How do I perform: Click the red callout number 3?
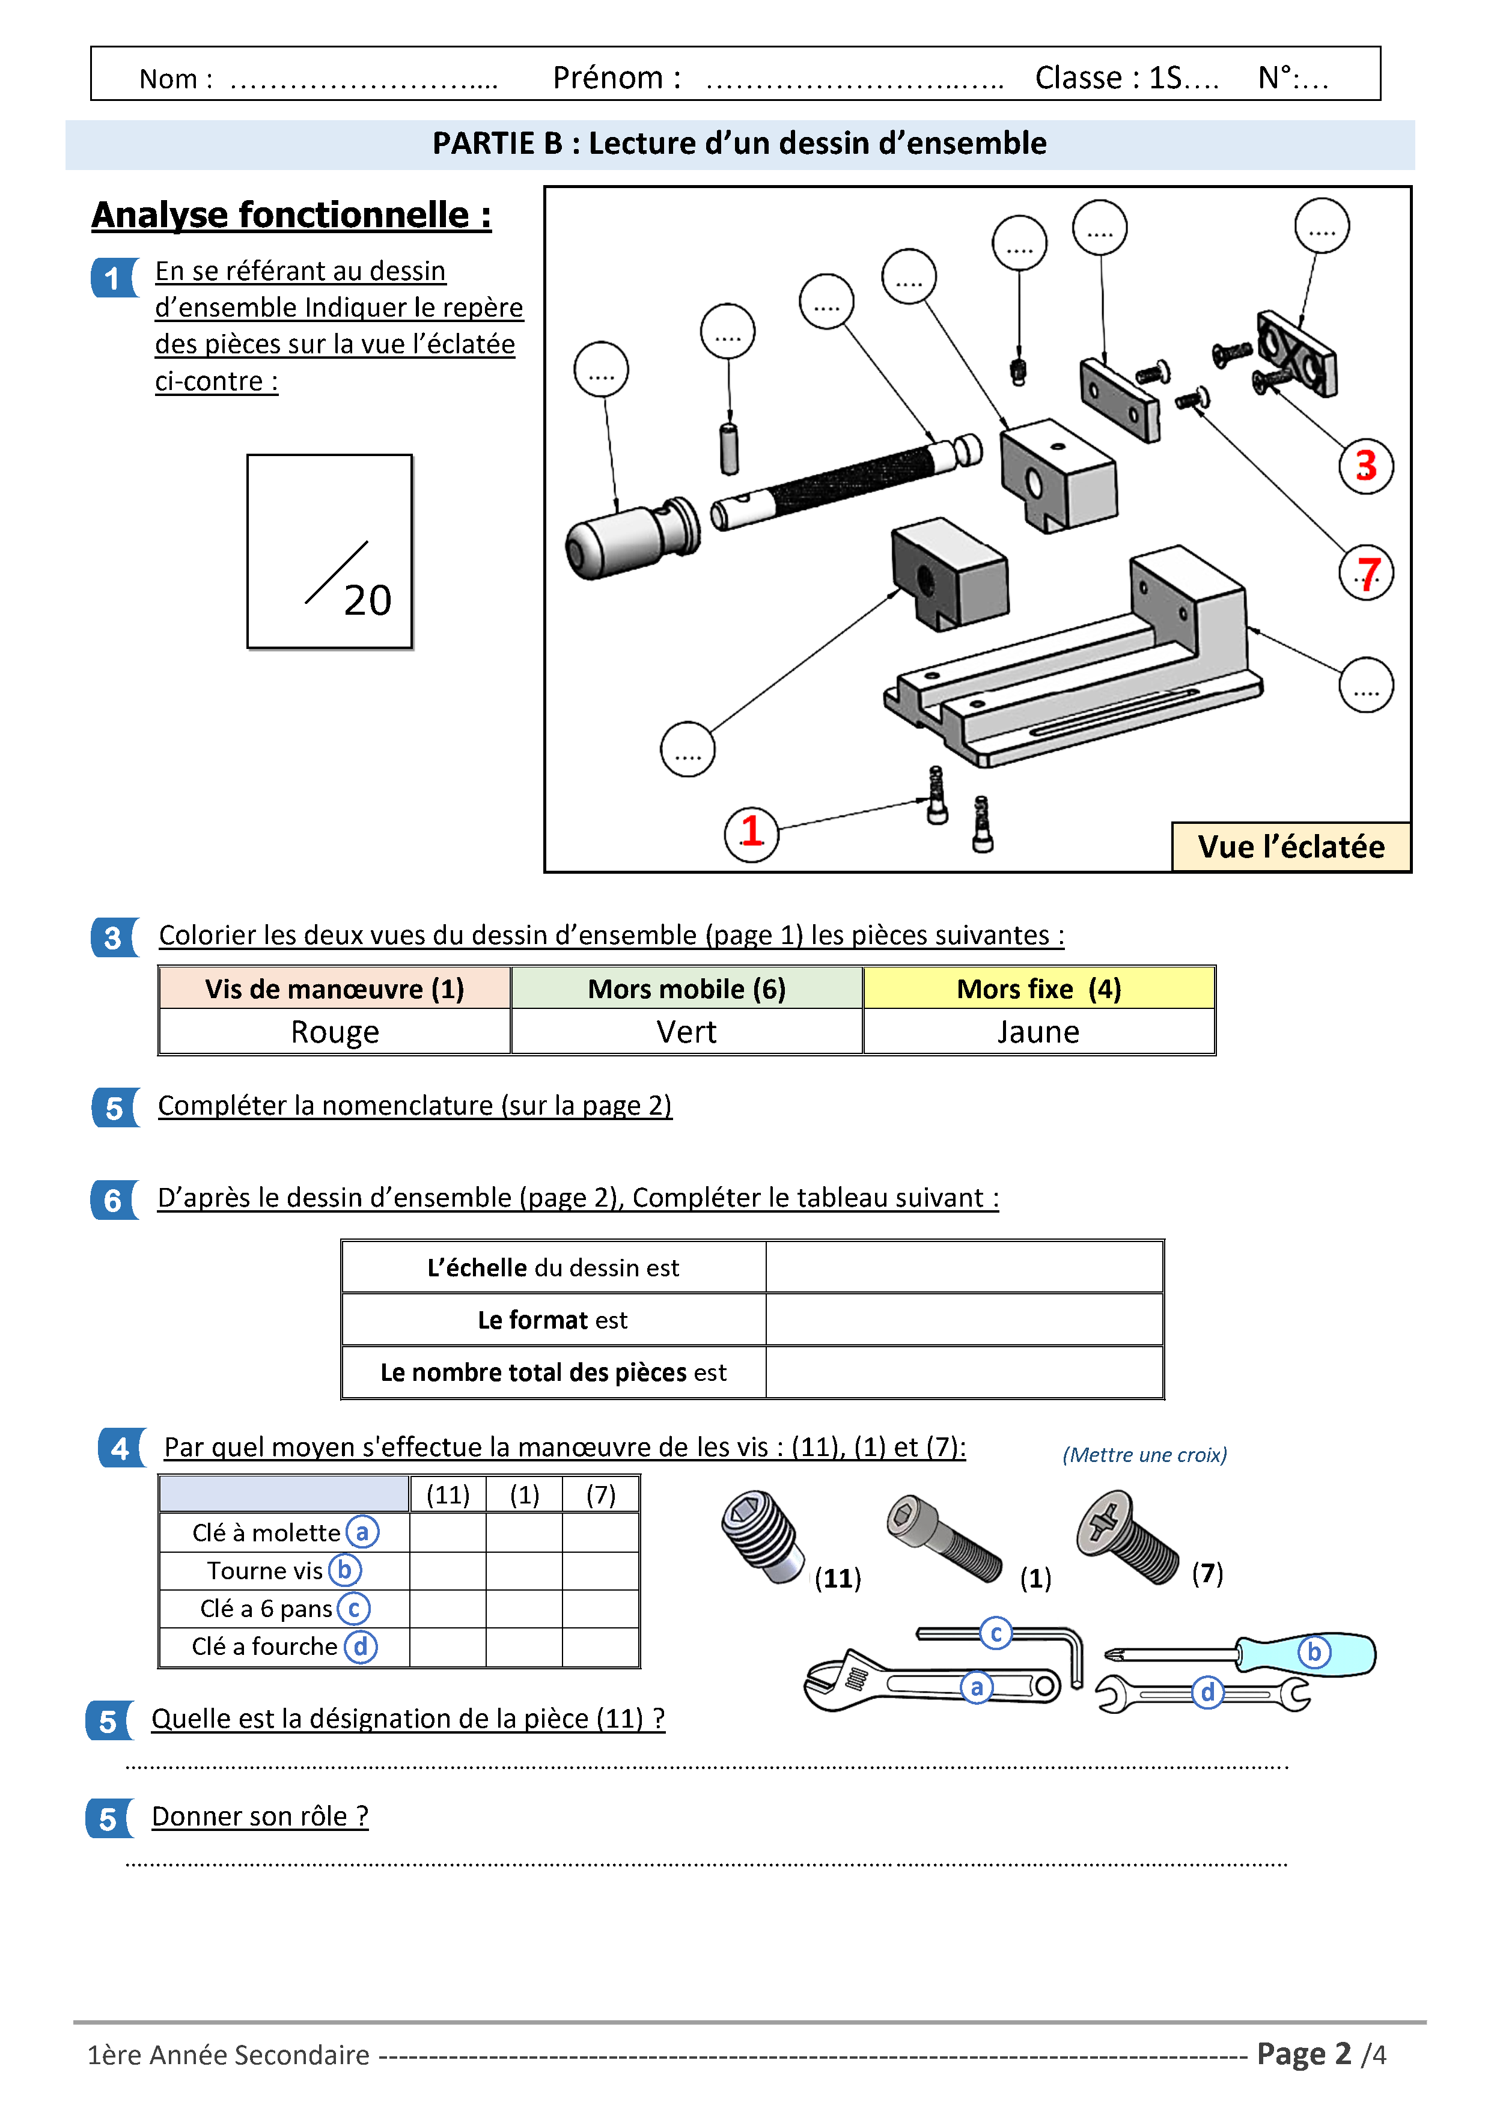(1365, 466)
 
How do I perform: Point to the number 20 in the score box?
(367, 600)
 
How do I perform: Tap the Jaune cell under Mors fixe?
(1038, 1032)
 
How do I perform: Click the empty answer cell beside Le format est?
(964, 1320)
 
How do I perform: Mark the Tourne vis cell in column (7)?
(600, 1571)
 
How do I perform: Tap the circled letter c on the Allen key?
(995, 1633)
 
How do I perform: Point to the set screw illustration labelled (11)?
(762, 1536)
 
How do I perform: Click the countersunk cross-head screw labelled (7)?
(1127, 1536)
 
